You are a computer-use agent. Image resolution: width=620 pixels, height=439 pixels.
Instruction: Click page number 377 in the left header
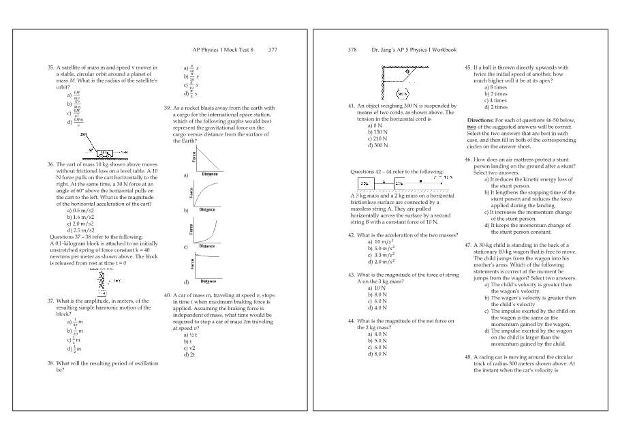(x=273, y=50)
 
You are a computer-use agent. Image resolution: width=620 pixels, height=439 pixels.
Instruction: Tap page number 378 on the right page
(x=352, y=50)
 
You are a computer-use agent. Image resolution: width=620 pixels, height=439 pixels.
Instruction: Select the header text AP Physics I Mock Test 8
(x=219, y=50)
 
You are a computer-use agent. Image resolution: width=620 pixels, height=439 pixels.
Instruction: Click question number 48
(x=468, y=357)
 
